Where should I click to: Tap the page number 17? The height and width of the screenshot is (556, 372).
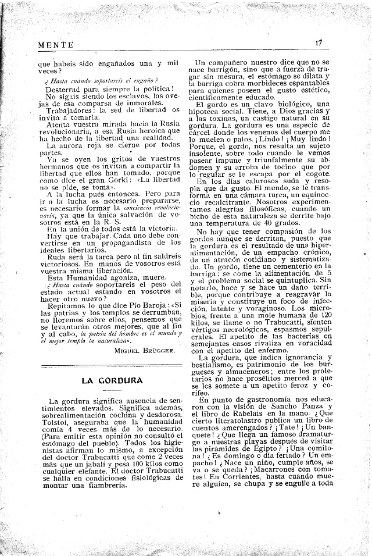coord(320,42)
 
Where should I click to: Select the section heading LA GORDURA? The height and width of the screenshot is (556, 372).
coord(112,380)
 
